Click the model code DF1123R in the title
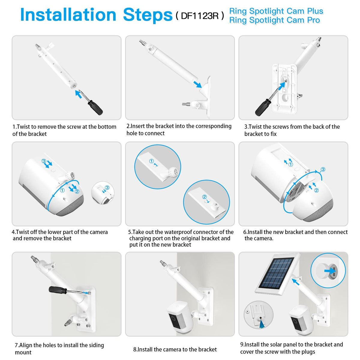coord(200,16)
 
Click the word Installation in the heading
coord(68,15)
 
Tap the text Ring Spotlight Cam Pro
coord(274,20)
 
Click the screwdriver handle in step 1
coord(95,107)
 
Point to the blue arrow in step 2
coord(197,84)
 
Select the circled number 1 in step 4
coord(62,190)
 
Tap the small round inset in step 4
coord(103,193)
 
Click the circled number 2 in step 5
coord(204,196)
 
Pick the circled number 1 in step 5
coord(151,161)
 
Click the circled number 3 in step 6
coord(323,169)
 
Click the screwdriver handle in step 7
coord(58,289)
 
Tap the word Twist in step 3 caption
coord(255,127)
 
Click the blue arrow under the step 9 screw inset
coord(262,325)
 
